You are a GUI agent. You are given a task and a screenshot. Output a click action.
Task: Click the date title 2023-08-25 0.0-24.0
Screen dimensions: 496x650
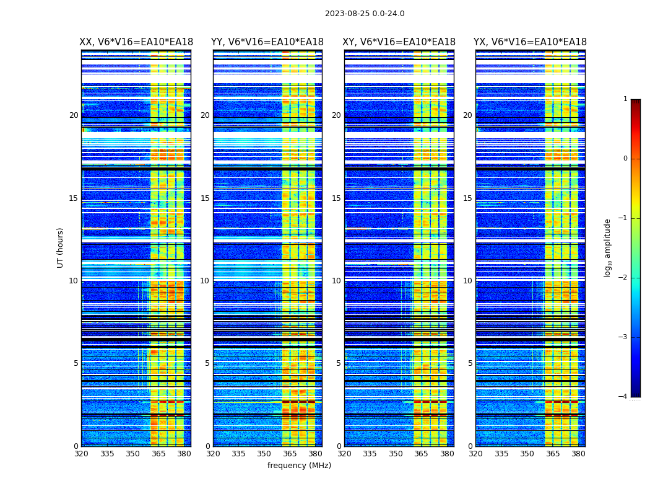(365, 14)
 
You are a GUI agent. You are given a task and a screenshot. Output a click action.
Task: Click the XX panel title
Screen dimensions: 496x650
(136, 42)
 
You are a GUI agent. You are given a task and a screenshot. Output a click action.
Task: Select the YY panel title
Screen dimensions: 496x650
(267, 42)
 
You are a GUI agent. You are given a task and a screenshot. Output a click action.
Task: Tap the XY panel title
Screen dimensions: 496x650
(399, 42)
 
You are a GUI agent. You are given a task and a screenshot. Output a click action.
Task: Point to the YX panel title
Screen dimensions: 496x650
(530, 42)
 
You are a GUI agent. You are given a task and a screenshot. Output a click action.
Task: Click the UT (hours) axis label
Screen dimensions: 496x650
(61, 247)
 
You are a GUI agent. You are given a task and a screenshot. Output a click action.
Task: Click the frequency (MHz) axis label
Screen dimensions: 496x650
(299, 466)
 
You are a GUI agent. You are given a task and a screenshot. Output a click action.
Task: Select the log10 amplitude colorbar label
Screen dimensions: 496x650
(607, 247)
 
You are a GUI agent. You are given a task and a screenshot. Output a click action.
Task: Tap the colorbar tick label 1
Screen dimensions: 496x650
(625, 99)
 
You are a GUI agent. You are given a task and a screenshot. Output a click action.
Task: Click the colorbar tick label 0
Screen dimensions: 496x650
(625, 159)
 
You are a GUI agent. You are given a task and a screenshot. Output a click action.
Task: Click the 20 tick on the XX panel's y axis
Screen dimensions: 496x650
(74, 115)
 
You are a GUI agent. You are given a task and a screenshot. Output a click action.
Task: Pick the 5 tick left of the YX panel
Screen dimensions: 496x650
(470, 363)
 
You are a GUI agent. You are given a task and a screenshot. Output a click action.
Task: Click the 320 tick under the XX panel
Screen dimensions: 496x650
(81, 454)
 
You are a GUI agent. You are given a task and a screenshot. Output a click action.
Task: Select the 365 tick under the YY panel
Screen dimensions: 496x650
(290, 454)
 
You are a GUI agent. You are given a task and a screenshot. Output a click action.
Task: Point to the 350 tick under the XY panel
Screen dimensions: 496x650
(396, 454)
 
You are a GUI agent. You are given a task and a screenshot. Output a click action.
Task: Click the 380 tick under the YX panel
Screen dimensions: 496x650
(578, 454)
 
